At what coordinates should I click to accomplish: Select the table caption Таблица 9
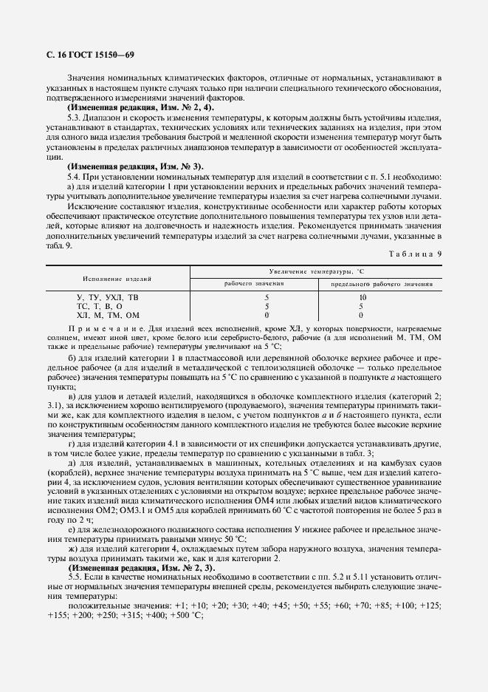pyautogui.click(x=415, y=254)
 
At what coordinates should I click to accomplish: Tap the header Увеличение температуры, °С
pyautogui.click(x=316, y=271)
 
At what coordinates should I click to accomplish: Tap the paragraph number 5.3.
pyautogui.click(x=74, y=118)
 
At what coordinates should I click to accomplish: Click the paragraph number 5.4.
pyautogui.click(x=74, y=177)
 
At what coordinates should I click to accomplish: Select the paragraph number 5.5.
pyautogui.click(x=74, y=574)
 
